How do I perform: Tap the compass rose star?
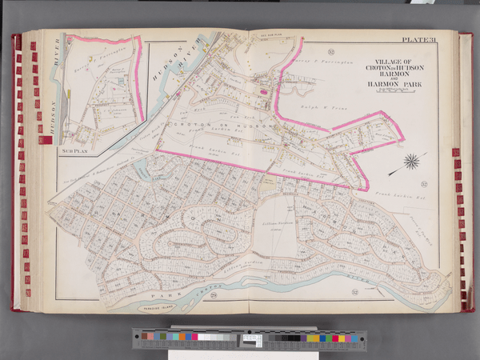coord(412,163)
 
